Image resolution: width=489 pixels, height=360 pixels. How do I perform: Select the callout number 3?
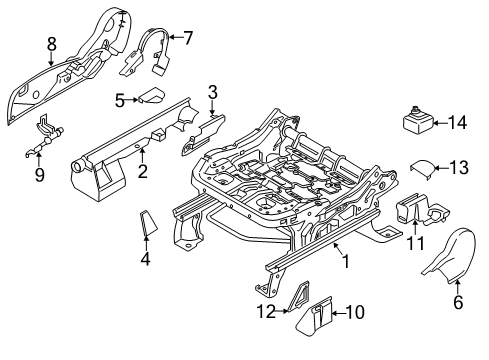click(212, 93)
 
